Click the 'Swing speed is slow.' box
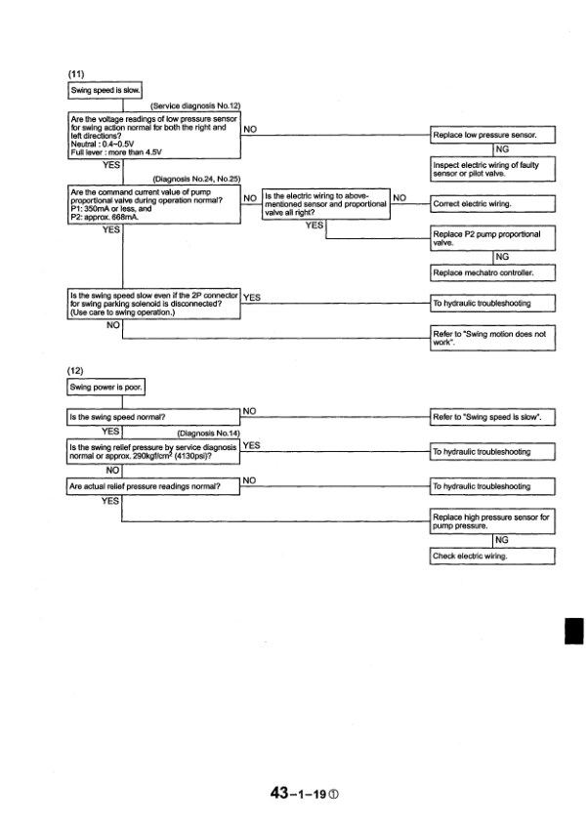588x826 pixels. click(105, 92)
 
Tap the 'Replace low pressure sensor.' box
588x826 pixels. click(492, 134)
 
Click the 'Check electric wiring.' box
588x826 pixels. click(492, 556)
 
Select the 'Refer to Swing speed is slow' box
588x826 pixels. click(492, 418)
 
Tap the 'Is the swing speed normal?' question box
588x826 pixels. click(152, 418)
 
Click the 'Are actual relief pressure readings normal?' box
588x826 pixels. click(152, 485)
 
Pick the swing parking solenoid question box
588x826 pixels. click(152, 304)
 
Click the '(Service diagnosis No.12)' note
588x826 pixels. click(196, 104)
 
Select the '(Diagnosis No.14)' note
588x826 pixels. click(209, 433)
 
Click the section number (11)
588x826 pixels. click(75, 74)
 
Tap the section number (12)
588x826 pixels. click(75, 371)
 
